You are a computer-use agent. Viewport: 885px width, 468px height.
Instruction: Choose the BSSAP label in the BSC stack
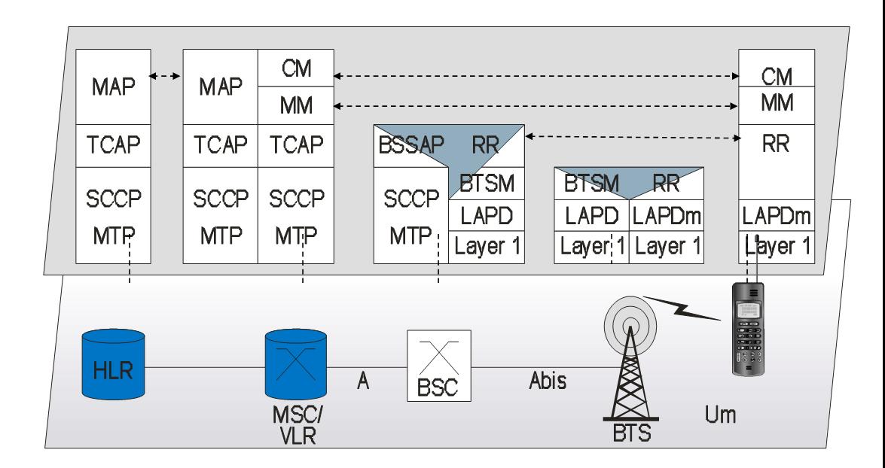click(x=401, y=145)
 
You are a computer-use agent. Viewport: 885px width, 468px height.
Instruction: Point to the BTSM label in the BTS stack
click(x=581, y=183)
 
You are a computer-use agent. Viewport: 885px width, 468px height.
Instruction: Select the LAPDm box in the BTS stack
click(x=665, y=216)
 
